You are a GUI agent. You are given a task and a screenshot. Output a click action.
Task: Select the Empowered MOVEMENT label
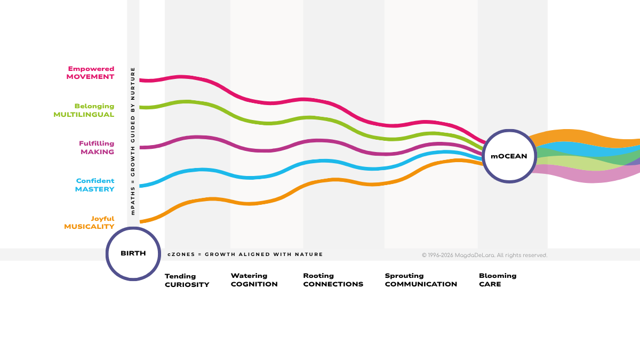point(90,73)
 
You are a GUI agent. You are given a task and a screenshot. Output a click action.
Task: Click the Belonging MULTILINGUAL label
point(84,110)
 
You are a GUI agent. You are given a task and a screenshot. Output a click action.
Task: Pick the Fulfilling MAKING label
point(97,147)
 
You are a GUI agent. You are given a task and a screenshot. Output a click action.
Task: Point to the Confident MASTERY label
point(94,185)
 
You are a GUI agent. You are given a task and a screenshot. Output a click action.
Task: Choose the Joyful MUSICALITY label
point(89,222)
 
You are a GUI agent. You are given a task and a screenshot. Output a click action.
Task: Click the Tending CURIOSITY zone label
point(187,281)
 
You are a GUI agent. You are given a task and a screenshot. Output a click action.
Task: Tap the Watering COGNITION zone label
point(254,280)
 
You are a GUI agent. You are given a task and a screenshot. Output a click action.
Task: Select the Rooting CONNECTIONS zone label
point(333,280)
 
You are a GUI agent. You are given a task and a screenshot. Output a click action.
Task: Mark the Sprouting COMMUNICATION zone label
point(421,280)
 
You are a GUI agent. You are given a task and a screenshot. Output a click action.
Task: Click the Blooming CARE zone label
point(498,280)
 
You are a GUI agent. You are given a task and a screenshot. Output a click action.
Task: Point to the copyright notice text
point(485,255)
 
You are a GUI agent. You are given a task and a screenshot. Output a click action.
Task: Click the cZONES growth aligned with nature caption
point(245,254)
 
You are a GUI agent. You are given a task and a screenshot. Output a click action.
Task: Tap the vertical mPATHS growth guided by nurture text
point(133,141)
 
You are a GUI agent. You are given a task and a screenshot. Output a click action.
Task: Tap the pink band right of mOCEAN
point(586,175)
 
